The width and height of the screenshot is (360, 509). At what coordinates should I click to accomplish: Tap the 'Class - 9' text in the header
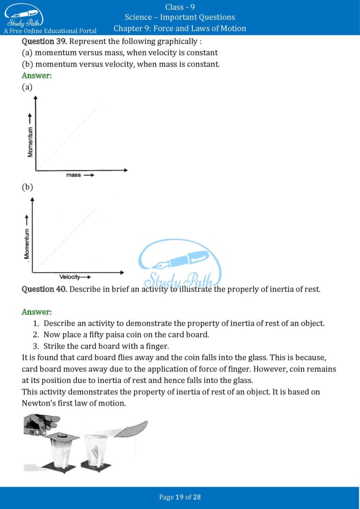tap(180, 7)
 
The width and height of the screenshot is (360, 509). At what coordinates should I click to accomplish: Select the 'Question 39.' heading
tap(45, 41)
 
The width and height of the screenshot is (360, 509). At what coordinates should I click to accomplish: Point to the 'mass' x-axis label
tap(73, 175)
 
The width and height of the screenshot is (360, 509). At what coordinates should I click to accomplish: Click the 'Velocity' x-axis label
tap(69, 277)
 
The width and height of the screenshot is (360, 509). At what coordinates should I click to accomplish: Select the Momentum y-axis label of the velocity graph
tap(27, 243)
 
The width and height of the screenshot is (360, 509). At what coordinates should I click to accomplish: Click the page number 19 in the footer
tap(179, 497)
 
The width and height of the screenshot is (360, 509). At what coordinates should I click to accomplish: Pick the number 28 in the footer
tap(196, 497)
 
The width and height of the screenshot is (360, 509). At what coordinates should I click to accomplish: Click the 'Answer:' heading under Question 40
tap(37, 312)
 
